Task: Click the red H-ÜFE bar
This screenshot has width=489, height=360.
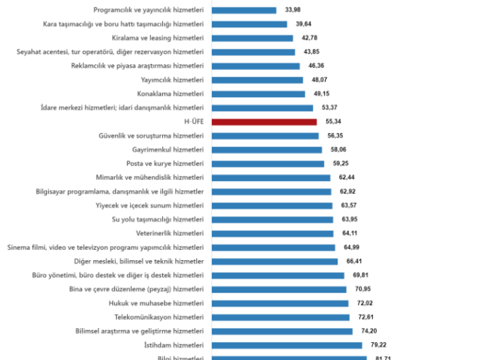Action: pyautogui.click(x=264, y=122)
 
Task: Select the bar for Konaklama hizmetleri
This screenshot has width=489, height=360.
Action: pyautogui.click(x=259, y=94)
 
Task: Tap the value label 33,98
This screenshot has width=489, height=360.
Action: pyautogui.click(x=293, y=10)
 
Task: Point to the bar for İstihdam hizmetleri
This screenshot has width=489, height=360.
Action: pyautogui.click(x=287, y=345)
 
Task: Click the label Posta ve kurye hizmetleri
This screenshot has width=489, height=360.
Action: pyautogui.click(x=165, y=164)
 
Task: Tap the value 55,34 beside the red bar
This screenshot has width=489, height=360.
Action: pyautogui.click(x=333, y=122)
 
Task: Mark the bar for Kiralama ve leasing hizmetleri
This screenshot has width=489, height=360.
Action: pyautogui.click(x=253, y=38)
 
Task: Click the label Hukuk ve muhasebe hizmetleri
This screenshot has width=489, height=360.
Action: pyautogui.click(x=157, y=303)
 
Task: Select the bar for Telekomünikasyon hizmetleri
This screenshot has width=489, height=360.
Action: pyautogui.click(x=280, y=317)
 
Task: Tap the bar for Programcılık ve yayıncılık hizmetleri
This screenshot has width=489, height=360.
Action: pyautogui.click(x=244, y=10)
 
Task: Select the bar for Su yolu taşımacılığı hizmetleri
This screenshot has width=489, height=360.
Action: pyautogui.click(x=272, y=219)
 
